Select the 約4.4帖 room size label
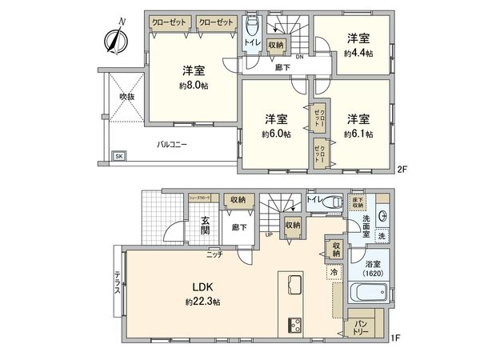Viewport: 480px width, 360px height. [358, 52]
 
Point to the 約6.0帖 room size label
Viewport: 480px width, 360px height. [277, 134]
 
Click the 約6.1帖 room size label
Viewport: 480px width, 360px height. [358, 134]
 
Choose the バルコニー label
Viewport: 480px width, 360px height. [171, 146]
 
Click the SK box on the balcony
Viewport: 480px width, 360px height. [118, 156]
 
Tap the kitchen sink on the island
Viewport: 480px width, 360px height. [290, 285]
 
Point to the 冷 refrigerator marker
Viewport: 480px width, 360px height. [333, 272]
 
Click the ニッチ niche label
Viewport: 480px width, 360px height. [214, 254]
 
